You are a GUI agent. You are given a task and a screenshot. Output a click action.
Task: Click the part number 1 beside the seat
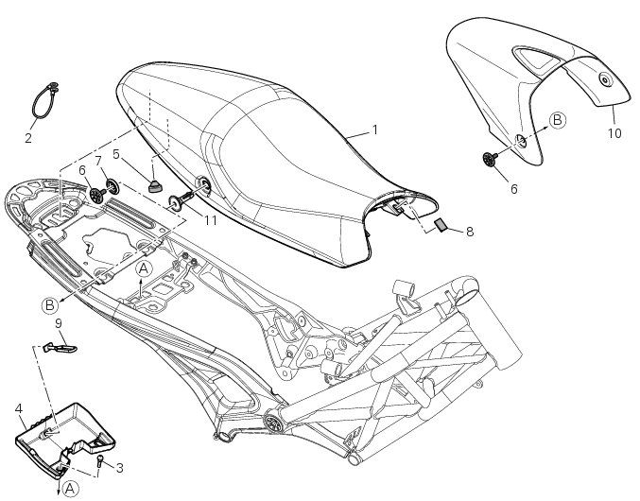[374, 129]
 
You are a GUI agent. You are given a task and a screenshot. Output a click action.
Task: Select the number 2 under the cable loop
[28, 138]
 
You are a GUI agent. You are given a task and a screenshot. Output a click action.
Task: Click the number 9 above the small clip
[59, 323]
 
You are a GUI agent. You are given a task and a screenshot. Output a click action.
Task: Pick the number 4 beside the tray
[19, 408]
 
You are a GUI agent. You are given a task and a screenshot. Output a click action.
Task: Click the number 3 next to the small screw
[119, 467]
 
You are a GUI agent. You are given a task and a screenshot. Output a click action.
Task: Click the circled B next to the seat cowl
[558, 120]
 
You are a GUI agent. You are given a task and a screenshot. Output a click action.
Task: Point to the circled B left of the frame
[49, 304]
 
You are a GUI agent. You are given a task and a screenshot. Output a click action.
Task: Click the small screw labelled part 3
[100, 461]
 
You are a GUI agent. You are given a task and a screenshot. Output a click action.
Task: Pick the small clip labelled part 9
[65, 348]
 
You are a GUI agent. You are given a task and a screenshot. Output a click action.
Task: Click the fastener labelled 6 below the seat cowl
[492, 160]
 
